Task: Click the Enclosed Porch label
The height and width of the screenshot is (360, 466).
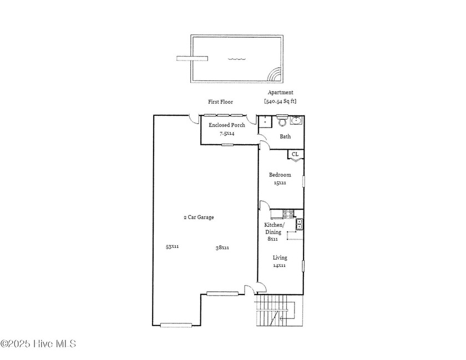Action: click(227, 125)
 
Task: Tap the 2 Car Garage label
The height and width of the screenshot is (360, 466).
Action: click(199, 217)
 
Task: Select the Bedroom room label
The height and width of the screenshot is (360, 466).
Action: click(280, 175)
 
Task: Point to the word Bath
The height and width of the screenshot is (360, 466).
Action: click(285, 136)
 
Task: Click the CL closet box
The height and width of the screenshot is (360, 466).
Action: click(295, 154)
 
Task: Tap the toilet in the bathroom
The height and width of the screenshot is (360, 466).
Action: click(281, 120)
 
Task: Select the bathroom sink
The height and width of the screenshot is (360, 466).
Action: click(296, 120)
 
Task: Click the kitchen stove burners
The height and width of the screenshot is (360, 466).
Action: click(288, 214)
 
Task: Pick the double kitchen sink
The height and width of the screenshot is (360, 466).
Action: click(299, 224)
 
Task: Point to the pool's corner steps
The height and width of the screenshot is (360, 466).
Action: click(275, 75)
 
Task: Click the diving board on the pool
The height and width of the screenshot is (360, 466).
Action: click(192, 58)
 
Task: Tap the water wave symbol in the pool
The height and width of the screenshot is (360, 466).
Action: click(237, 59)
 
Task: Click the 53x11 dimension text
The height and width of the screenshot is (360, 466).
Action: click(172, 246)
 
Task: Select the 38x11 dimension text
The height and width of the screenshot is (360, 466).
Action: click(222, 247)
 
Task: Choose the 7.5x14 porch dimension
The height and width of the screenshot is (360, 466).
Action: click(227, 134)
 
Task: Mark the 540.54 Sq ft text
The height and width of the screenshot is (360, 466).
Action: click(280, 101)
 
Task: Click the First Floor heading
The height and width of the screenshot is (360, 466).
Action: click(221, 102)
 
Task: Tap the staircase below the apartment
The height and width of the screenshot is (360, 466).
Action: click(280, 311)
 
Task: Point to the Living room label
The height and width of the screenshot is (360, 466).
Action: click(280, 258)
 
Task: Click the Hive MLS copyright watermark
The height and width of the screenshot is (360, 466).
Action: click(38, 344)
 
